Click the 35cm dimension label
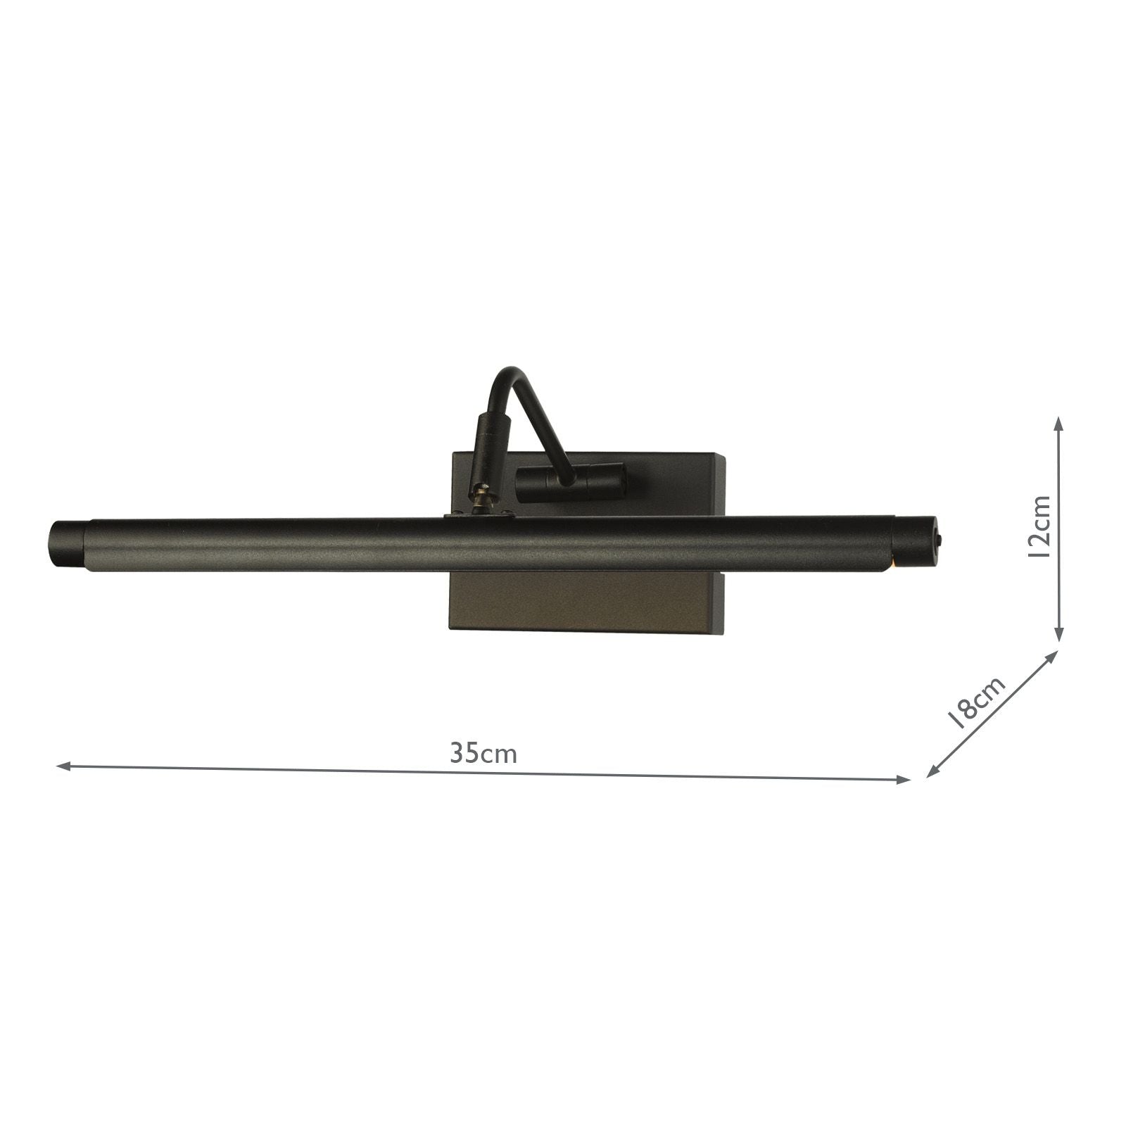[x=483, y=754]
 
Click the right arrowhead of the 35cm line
[x=905, y=779]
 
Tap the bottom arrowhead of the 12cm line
[x=1058, y=636]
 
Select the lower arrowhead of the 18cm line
[x=930, y=773]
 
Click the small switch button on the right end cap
[x=937, y=539]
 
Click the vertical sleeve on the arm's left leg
[x=487, y=450]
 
